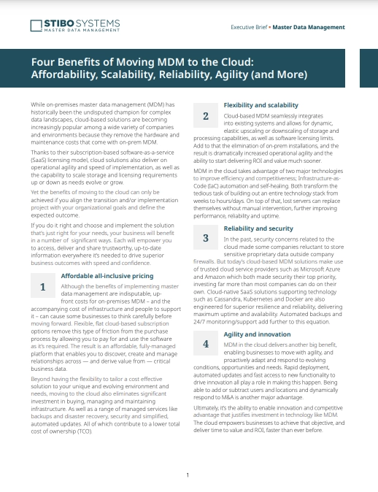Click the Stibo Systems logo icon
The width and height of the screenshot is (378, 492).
point(37,26)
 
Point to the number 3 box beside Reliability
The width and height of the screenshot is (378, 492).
point(207,238)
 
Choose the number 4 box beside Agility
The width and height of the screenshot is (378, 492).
point(207,343)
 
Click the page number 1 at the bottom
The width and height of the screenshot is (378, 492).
point(188,475)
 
